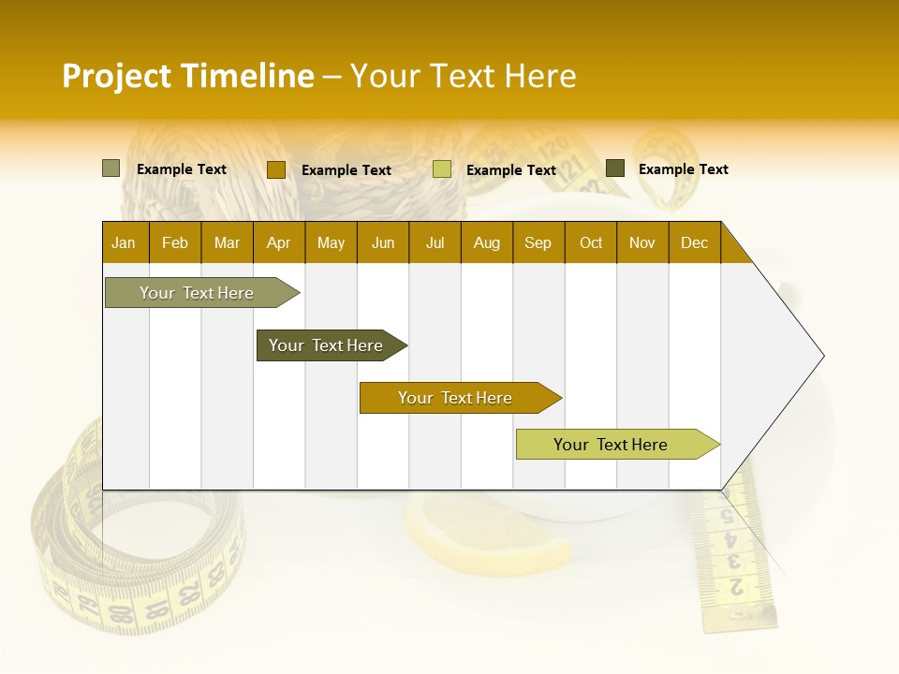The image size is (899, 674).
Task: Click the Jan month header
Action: (125, 242)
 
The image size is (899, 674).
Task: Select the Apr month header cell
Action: (279, 242)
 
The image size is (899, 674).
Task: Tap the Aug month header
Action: (487, 242)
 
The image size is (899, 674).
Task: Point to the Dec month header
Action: (695, 242)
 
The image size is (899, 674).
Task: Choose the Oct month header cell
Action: (591, 242)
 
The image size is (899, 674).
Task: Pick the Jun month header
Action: (383, 242)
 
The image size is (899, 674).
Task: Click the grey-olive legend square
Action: (111, 168)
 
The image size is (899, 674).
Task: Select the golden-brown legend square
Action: (275, 169)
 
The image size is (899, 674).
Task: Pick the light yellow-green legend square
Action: (442, 169)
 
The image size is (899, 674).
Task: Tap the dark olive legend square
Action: (615, 168)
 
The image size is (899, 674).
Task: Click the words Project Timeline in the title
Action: (187, 76)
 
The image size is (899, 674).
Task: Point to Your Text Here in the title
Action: (463, 76)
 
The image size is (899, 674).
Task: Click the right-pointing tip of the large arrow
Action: (821, 356)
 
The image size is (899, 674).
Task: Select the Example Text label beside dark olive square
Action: (683, 169)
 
